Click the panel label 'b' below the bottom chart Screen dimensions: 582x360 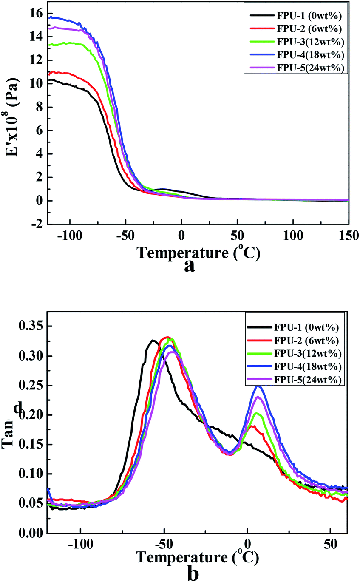193,573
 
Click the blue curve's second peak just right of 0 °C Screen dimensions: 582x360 258,386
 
